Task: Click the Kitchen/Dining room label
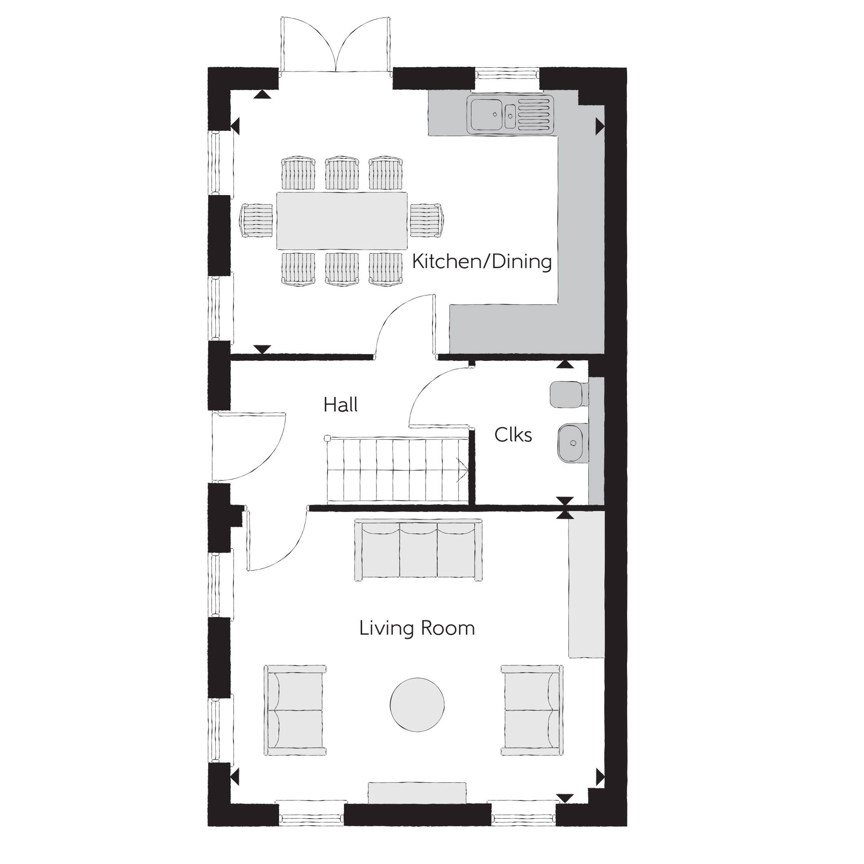pos(482,262)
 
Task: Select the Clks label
pos(513,435)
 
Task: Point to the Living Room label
pos(417,629)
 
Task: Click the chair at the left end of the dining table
pos(256,220)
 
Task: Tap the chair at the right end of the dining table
pos(427,220)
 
